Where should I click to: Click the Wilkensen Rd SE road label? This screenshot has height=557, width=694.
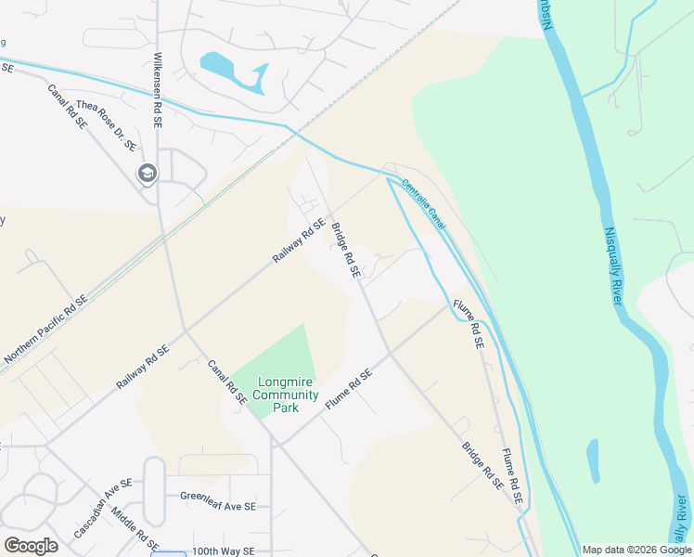click(157, 89)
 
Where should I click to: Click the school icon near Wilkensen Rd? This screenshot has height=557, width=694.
click(147, 173)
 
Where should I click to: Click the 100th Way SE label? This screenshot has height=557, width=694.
click(224, 551)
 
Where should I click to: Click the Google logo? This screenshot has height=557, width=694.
click(30, 546)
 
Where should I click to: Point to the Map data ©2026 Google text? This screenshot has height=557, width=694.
click(636, 550)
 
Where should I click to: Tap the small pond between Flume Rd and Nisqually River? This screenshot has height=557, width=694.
click(593, 460)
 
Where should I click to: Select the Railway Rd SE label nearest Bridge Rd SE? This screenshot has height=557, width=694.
click(299, 240)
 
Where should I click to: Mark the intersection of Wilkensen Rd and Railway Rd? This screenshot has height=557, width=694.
click(186, 330)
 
